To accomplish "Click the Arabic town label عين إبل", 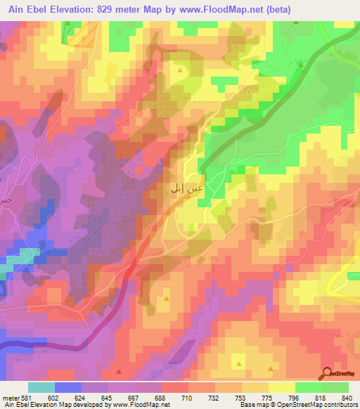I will coord(187,188).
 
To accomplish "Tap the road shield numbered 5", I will coord(248,91).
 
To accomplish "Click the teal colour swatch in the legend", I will coord(41,387).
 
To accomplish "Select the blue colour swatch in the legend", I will coord(68,387).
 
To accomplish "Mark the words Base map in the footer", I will coord(250,404).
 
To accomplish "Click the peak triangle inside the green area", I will coord(300,64).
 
